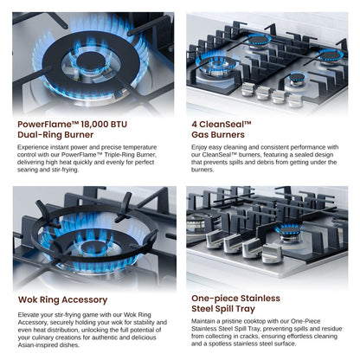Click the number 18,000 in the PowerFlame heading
[x=94, y=125]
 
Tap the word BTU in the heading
[x=119, y=125]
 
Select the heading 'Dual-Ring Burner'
[x=55, y=135]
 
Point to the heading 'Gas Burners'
[x=218, y=135]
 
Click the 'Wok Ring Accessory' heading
[x=62, y=299]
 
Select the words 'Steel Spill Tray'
[x=223, y=309]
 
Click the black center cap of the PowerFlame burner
[x=91, y=61]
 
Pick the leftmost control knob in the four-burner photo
[x=248, y=89]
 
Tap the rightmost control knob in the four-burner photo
[x=295, y=100]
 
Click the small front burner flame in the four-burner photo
[x=297, y=77]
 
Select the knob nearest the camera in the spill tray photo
[x=272, y=254]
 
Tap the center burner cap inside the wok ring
[x=94, y=247]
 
